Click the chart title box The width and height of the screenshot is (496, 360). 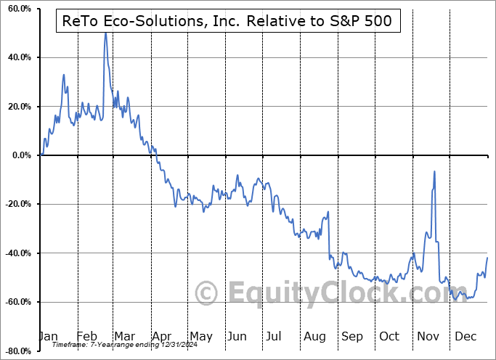224,21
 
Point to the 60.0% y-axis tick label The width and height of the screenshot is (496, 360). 17,9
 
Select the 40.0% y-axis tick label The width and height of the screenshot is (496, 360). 17,57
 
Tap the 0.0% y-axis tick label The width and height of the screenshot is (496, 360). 20,155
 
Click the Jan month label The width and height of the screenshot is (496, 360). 49,336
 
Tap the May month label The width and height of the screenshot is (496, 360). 200,336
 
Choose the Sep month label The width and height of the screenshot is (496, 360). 351,336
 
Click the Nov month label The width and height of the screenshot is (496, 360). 428,336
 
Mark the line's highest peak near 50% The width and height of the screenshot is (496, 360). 105,32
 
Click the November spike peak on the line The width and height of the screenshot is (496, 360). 434,171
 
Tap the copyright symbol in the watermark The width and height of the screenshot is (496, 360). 208,294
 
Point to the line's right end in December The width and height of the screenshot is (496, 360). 487,258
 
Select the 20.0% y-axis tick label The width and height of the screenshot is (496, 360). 17,107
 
